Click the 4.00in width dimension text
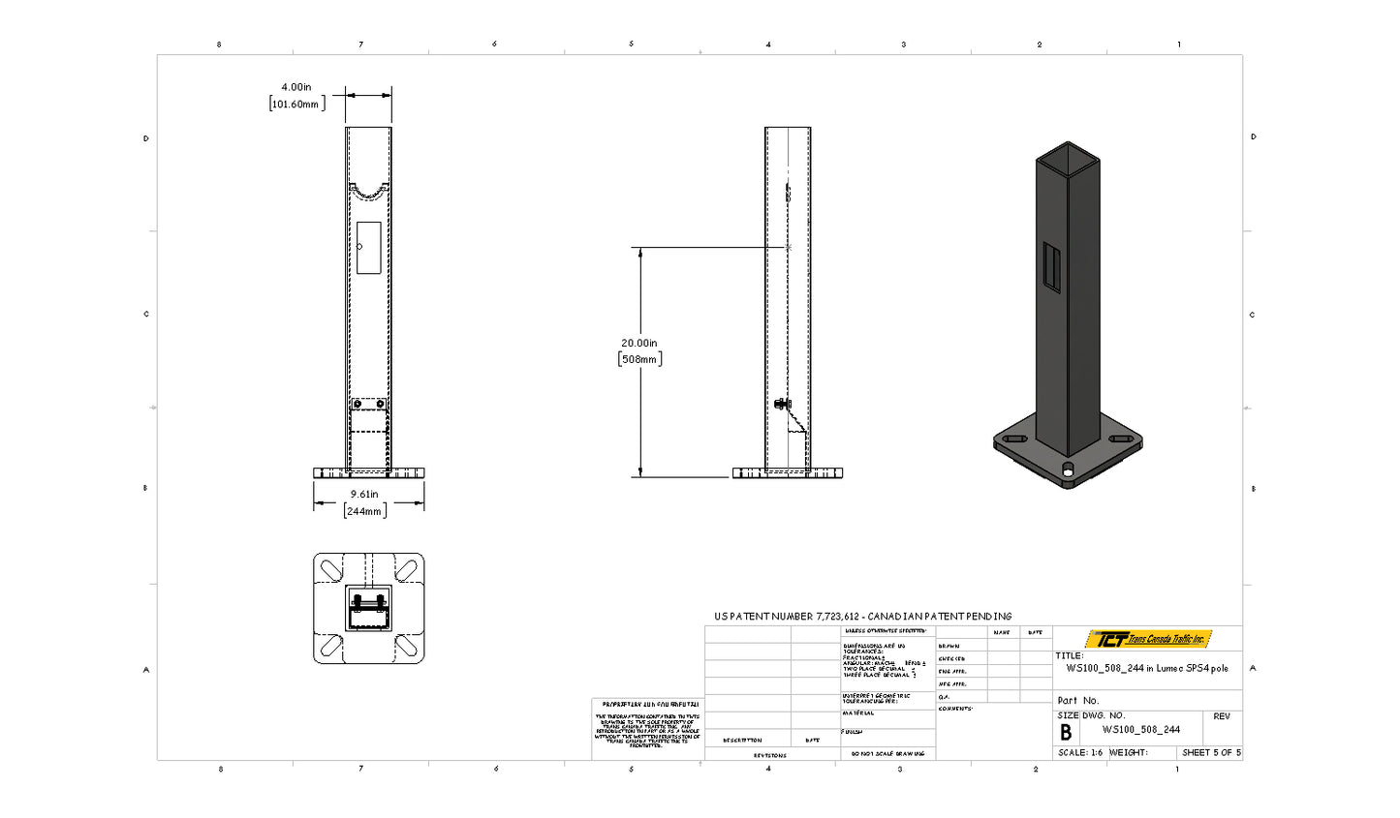[296, 87]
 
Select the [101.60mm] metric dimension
[296, 104]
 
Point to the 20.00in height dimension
[639, 343]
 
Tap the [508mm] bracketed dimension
[639, 359]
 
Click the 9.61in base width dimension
[364, 495]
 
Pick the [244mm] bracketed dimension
[364, 511]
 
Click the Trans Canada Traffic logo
[1148, 639]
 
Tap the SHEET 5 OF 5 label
[1211, 752]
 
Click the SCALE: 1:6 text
[1080, 752]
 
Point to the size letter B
[1066, 733]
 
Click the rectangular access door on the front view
[369, 248]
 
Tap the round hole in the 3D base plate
[1068, 469]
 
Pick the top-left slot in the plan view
[329, 569]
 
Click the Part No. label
[1078, 700]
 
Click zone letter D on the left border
[146, 138]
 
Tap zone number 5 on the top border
[632, 44]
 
